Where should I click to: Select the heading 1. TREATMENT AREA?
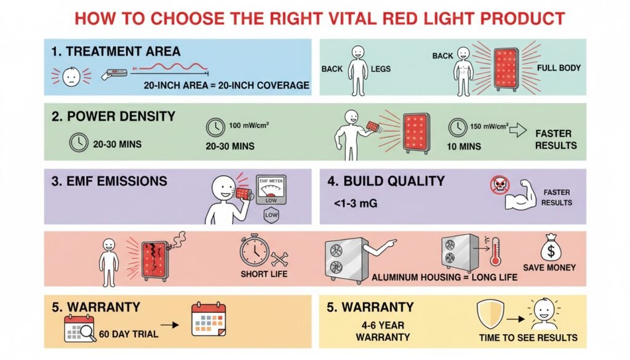pyautogui.click(x=116, y=52)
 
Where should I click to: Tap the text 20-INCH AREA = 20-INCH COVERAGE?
pyautogui.click(x=226, y=85)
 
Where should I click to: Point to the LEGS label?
pyautogui.click(x=380, y=69)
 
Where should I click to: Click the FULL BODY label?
pyautogui.click(x=559, y=68)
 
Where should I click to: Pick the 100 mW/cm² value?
pyautogui.click(x=249, y=126)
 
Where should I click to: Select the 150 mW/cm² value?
pyautogui.click(x=489, y=126)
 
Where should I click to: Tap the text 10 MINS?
pyautogui.click(x=464, y=146)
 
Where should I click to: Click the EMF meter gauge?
pyautogui.click(x=271, y=190)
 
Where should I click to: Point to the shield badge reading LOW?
pyautogui.click(x=271, y=215)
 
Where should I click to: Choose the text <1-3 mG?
pyautogui.click(x=356, y=203)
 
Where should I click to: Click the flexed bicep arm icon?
pyautogui.click(x=520, y=196)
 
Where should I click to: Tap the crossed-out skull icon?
pyautogui.click(x=500, y=185)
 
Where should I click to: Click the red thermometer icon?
pyautogui.click(x=495, y=251)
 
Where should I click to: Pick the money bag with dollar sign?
pyautogui.click(x=551, y=247)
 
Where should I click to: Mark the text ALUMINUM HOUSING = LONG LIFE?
pyautogui.click(x=444, y=278)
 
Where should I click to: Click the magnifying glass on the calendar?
pyautogui.click(x=87, y=332)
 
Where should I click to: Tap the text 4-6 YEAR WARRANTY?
pyautogui.click(x=383, y=331)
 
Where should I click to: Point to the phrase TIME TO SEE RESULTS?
pyautogui.click(x=528, y=337)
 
